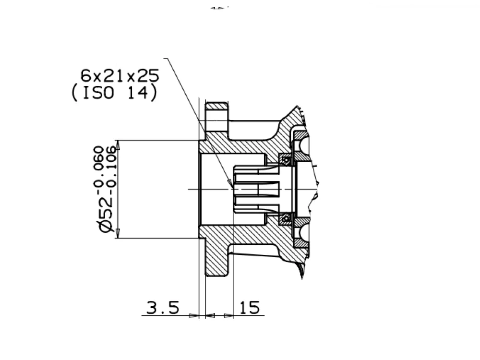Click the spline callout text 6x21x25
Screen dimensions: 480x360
coord(120,76)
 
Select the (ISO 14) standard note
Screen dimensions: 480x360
coord(114,93)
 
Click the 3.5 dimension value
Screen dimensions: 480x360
coord(163,307)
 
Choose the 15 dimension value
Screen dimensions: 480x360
coord(250,307)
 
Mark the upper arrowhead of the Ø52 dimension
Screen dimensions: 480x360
coord(118,145)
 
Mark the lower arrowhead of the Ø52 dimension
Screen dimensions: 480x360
coord(118,233)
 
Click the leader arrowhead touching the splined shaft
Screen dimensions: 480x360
coord(230,183)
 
